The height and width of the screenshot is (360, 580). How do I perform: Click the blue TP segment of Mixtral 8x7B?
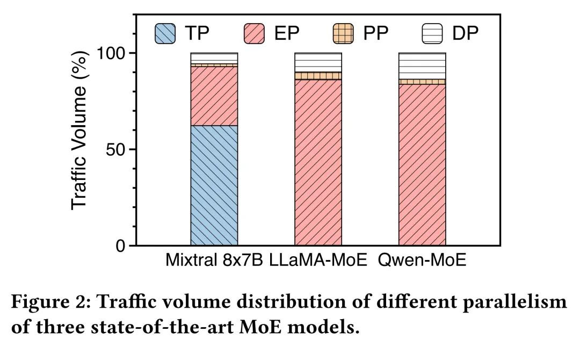coord(214,185)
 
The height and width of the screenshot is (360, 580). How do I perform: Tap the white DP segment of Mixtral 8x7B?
coord(214,57)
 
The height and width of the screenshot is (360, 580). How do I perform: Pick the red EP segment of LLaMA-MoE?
coord(318,161)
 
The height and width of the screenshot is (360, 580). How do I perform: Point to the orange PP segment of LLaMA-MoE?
coord(318,76)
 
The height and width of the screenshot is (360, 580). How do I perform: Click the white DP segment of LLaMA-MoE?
coord(318,62)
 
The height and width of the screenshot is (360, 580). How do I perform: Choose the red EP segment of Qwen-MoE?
coord(422,164)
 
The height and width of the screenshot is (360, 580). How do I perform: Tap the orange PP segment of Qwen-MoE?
coord(422,82)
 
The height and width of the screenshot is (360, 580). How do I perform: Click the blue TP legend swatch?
coord(166,33)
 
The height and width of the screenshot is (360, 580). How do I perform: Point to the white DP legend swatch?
coord(430,33)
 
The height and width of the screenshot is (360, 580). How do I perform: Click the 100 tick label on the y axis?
coord(110,53)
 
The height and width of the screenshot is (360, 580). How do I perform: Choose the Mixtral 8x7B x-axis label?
coord(214,262)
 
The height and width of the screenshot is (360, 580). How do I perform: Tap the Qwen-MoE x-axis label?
coord(422,262)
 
